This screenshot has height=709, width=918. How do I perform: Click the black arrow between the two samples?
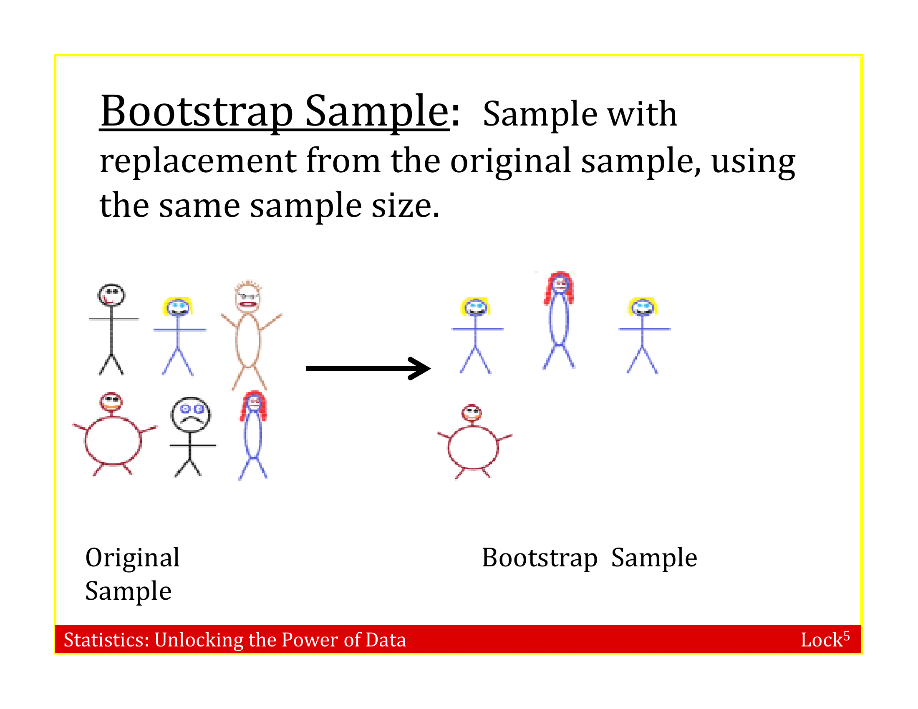(367, 368)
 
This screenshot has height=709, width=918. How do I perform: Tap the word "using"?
(753, 161)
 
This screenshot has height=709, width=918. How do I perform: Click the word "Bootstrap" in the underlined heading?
(196, 111)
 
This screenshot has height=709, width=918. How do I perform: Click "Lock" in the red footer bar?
(821, 640)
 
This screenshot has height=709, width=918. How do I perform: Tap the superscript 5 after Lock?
(846, 635)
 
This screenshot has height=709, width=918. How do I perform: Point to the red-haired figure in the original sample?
(253, 435)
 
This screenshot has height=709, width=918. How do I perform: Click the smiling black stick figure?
(112, 328)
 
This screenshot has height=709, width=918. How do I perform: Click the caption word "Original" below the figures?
(132, 558)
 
